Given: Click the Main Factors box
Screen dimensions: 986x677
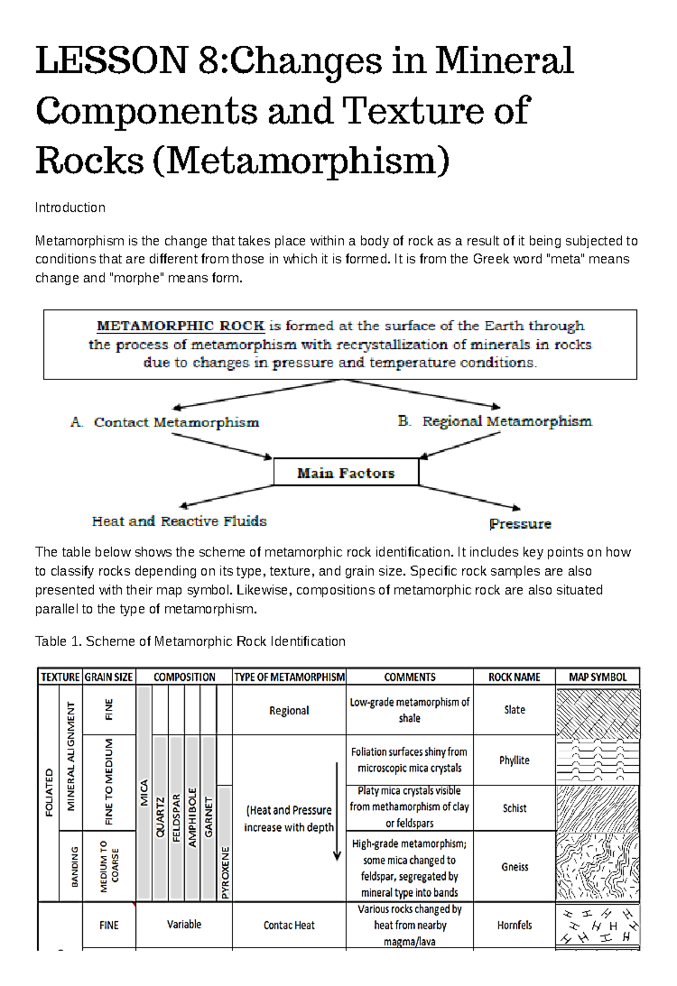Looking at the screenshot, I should pyautogui.click(x=346, y=472).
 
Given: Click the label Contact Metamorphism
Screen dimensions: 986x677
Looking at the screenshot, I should pyautogui.click(x=175, y=422).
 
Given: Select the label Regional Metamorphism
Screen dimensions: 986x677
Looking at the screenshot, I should pyautogui.click(x=507, y=421).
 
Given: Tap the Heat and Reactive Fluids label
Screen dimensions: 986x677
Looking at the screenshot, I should pyautogui.click(x=179, y=521).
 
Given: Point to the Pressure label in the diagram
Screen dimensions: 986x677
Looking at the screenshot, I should pyautogui.click(x=520, y=524).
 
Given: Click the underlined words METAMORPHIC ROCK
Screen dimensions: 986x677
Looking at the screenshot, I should pyautogui.click(x=181, y=326).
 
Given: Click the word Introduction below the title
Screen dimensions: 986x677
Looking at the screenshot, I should pyautogui.click(x=70, y=207).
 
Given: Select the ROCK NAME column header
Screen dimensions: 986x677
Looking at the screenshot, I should pyautogui.click(x=514, y=677).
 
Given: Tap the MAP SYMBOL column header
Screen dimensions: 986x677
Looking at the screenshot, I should pyautogui.click(x=597, y=677).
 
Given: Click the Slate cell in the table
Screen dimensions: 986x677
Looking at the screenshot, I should pyautogui.click(x=514, y=710).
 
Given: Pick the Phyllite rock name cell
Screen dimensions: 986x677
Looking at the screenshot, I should pyautogui.click(x=514, y=760).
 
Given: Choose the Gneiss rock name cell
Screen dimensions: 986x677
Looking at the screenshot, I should pyautogui.click(x=515, y=866).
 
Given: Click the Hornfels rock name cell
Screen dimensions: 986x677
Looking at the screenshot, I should pyautogui.click(x=514, y=925).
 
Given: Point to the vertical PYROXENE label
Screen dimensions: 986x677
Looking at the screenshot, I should pyautogui.click(x=225, y=872).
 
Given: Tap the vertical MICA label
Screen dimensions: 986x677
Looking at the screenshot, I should pyautogui.click(x=144, y=792).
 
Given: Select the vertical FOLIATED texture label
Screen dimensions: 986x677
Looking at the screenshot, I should pyautogui.click(x=49, y=792).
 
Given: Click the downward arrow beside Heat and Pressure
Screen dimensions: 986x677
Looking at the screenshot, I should pyautogui.click(x=337, y=812).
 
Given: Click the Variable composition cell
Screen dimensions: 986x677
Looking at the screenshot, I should pyautogui.click(x=184, y=925).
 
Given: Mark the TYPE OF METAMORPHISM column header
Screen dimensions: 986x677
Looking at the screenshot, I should pyautogui.click(x=289, y=677).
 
